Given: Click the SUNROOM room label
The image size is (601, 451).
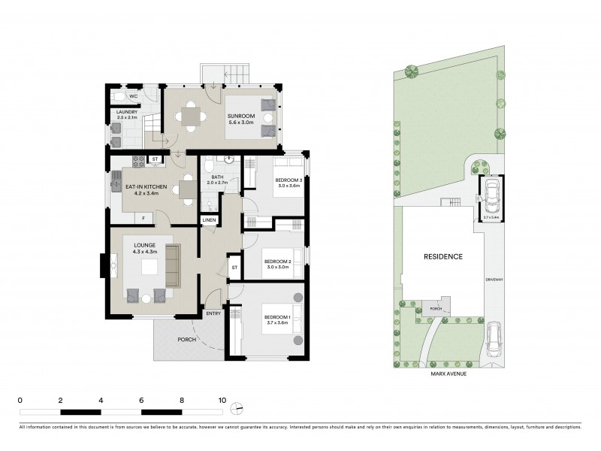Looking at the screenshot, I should click(242, 117).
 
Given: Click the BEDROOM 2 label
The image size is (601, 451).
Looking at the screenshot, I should click(277, 262).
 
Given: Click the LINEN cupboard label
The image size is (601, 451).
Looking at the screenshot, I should click(210, 220).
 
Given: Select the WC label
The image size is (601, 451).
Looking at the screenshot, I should click(132, 96).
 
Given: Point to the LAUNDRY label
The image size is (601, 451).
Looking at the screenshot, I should click(127, 112).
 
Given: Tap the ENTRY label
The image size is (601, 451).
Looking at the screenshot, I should click(213, 313).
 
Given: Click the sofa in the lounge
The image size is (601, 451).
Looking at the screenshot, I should click(174, 265).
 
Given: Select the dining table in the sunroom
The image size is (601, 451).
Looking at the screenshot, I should click(190, 117).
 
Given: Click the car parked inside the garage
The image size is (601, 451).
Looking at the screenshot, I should click(491, 197).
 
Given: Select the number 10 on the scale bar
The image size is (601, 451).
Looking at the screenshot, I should click(222, 400).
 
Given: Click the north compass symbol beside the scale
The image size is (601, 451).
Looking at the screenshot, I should click(238, 408).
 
